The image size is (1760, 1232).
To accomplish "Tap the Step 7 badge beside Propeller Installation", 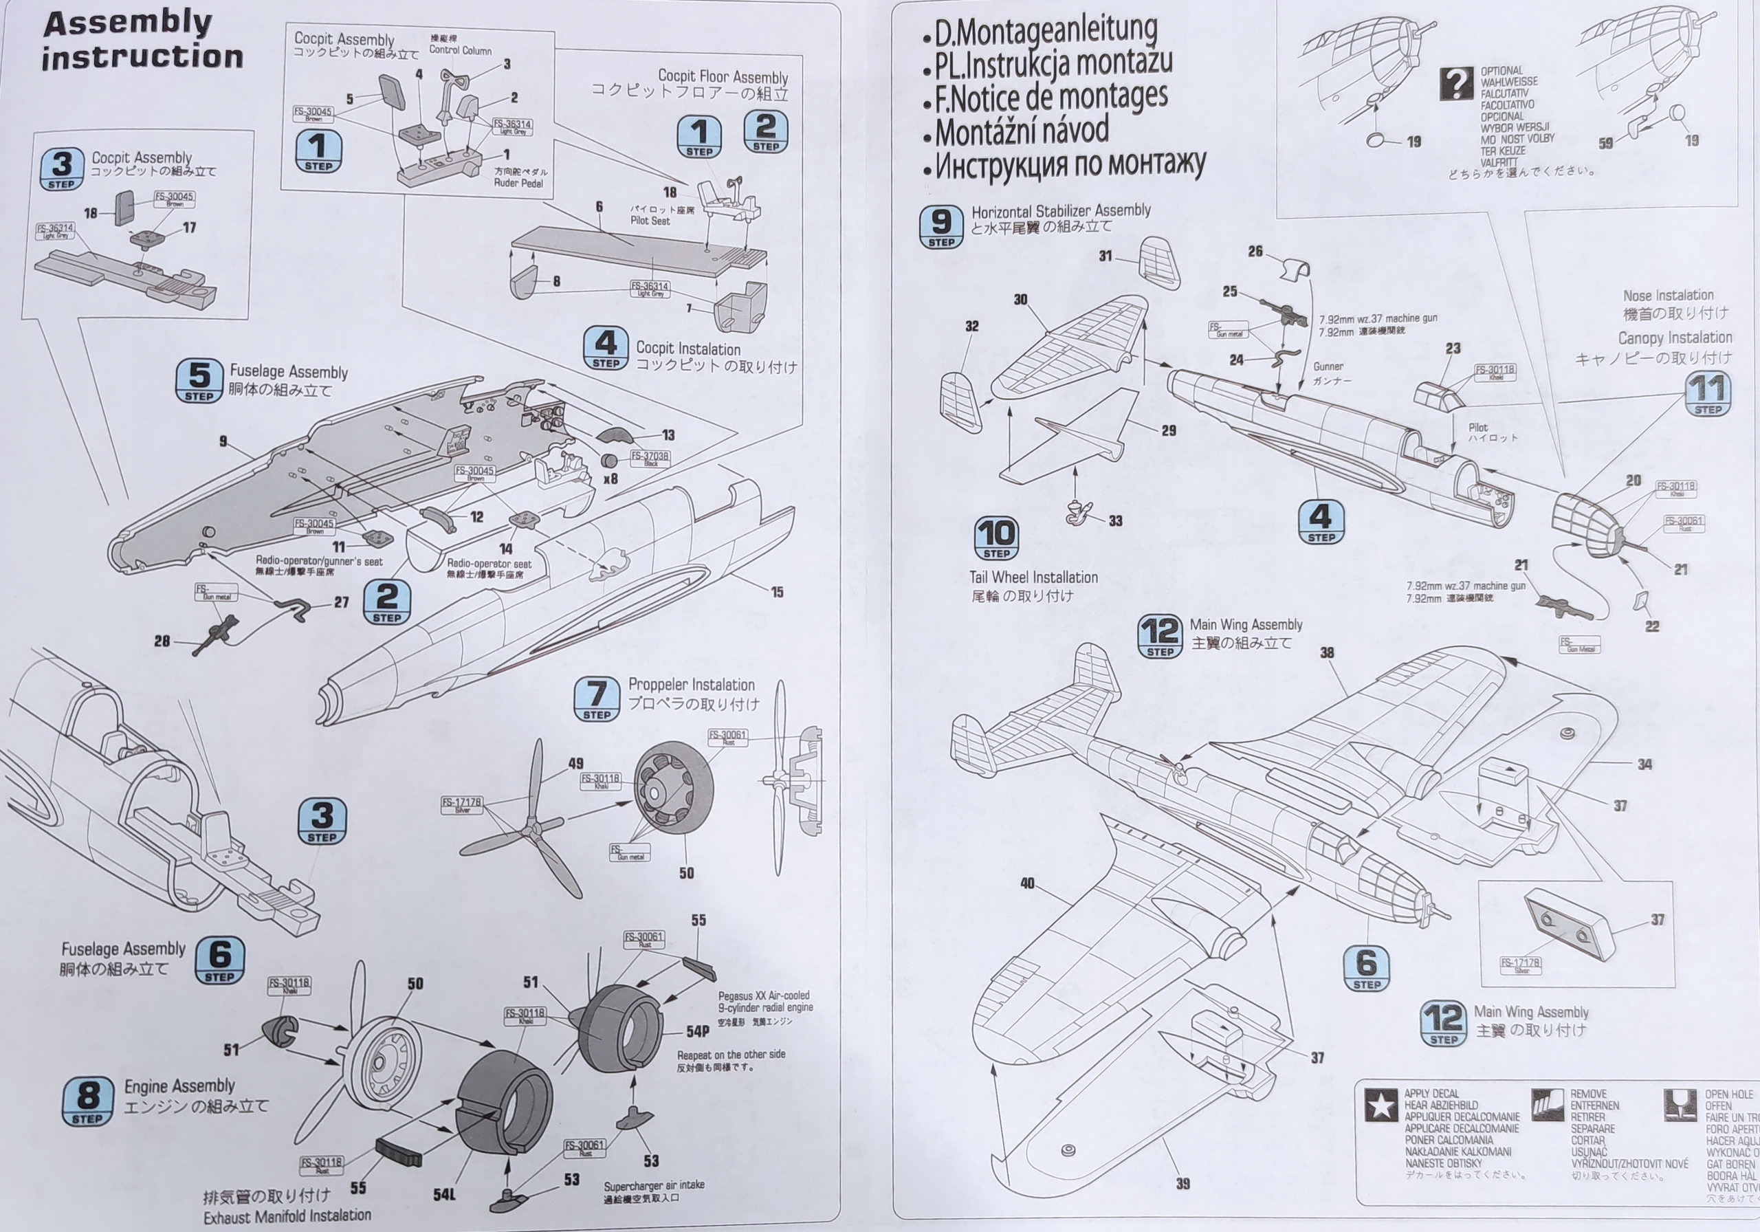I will [596, 698].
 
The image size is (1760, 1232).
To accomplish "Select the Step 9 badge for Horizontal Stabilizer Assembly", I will [941, 227].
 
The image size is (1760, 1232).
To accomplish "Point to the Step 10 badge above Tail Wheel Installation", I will [996, 538].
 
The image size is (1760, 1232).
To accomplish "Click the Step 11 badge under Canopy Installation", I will [1708, 394].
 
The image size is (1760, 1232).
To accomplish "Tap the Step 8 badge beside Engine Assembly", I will [87, 1101].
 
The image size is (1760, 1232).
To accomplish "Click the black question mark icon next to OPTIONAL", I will [1456, 84].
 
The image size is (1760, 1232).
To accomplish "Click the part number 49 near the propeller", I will [575, 763].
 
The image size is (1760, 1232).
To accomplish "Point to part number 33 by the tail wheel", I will [1115, 521].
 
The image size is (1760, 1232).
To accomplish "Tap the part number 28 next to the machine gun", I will [162, 641].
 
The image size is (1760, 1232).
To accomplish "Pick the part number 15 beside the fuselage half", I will [778, 592].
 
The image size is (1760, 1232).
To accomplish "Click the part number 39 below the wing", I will [1182, 1185].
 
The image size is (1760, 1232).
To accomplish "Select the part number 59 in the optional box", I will [1606, 142].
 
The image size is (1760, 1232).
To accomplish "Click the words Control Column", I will [460, 51].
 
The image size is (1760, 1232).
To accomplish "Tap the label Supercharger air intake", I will [654, 1185].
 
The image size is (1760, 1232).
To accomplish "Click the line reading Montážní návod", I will [1022, 131].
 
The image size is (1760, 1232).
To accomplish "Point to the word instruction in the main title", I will [142, 58].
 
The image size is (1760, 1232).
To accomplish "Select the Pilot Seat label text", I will [650, 221].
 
